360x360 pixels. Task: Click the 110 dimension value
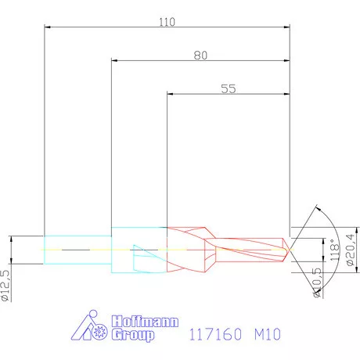click(167, 21)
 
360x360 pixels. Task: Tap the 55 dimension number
click(228, 89)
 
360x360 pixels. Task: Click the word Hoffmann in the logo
click(145, 322)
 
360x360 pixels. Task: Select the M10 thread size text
click(266, 334)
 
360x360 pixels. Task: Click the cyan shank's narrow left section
click(77, 249)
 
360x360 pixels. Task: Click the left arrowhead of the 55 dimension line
click(171, 95)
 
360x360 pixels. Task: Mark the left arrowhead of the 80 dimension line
click(114, 61)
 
